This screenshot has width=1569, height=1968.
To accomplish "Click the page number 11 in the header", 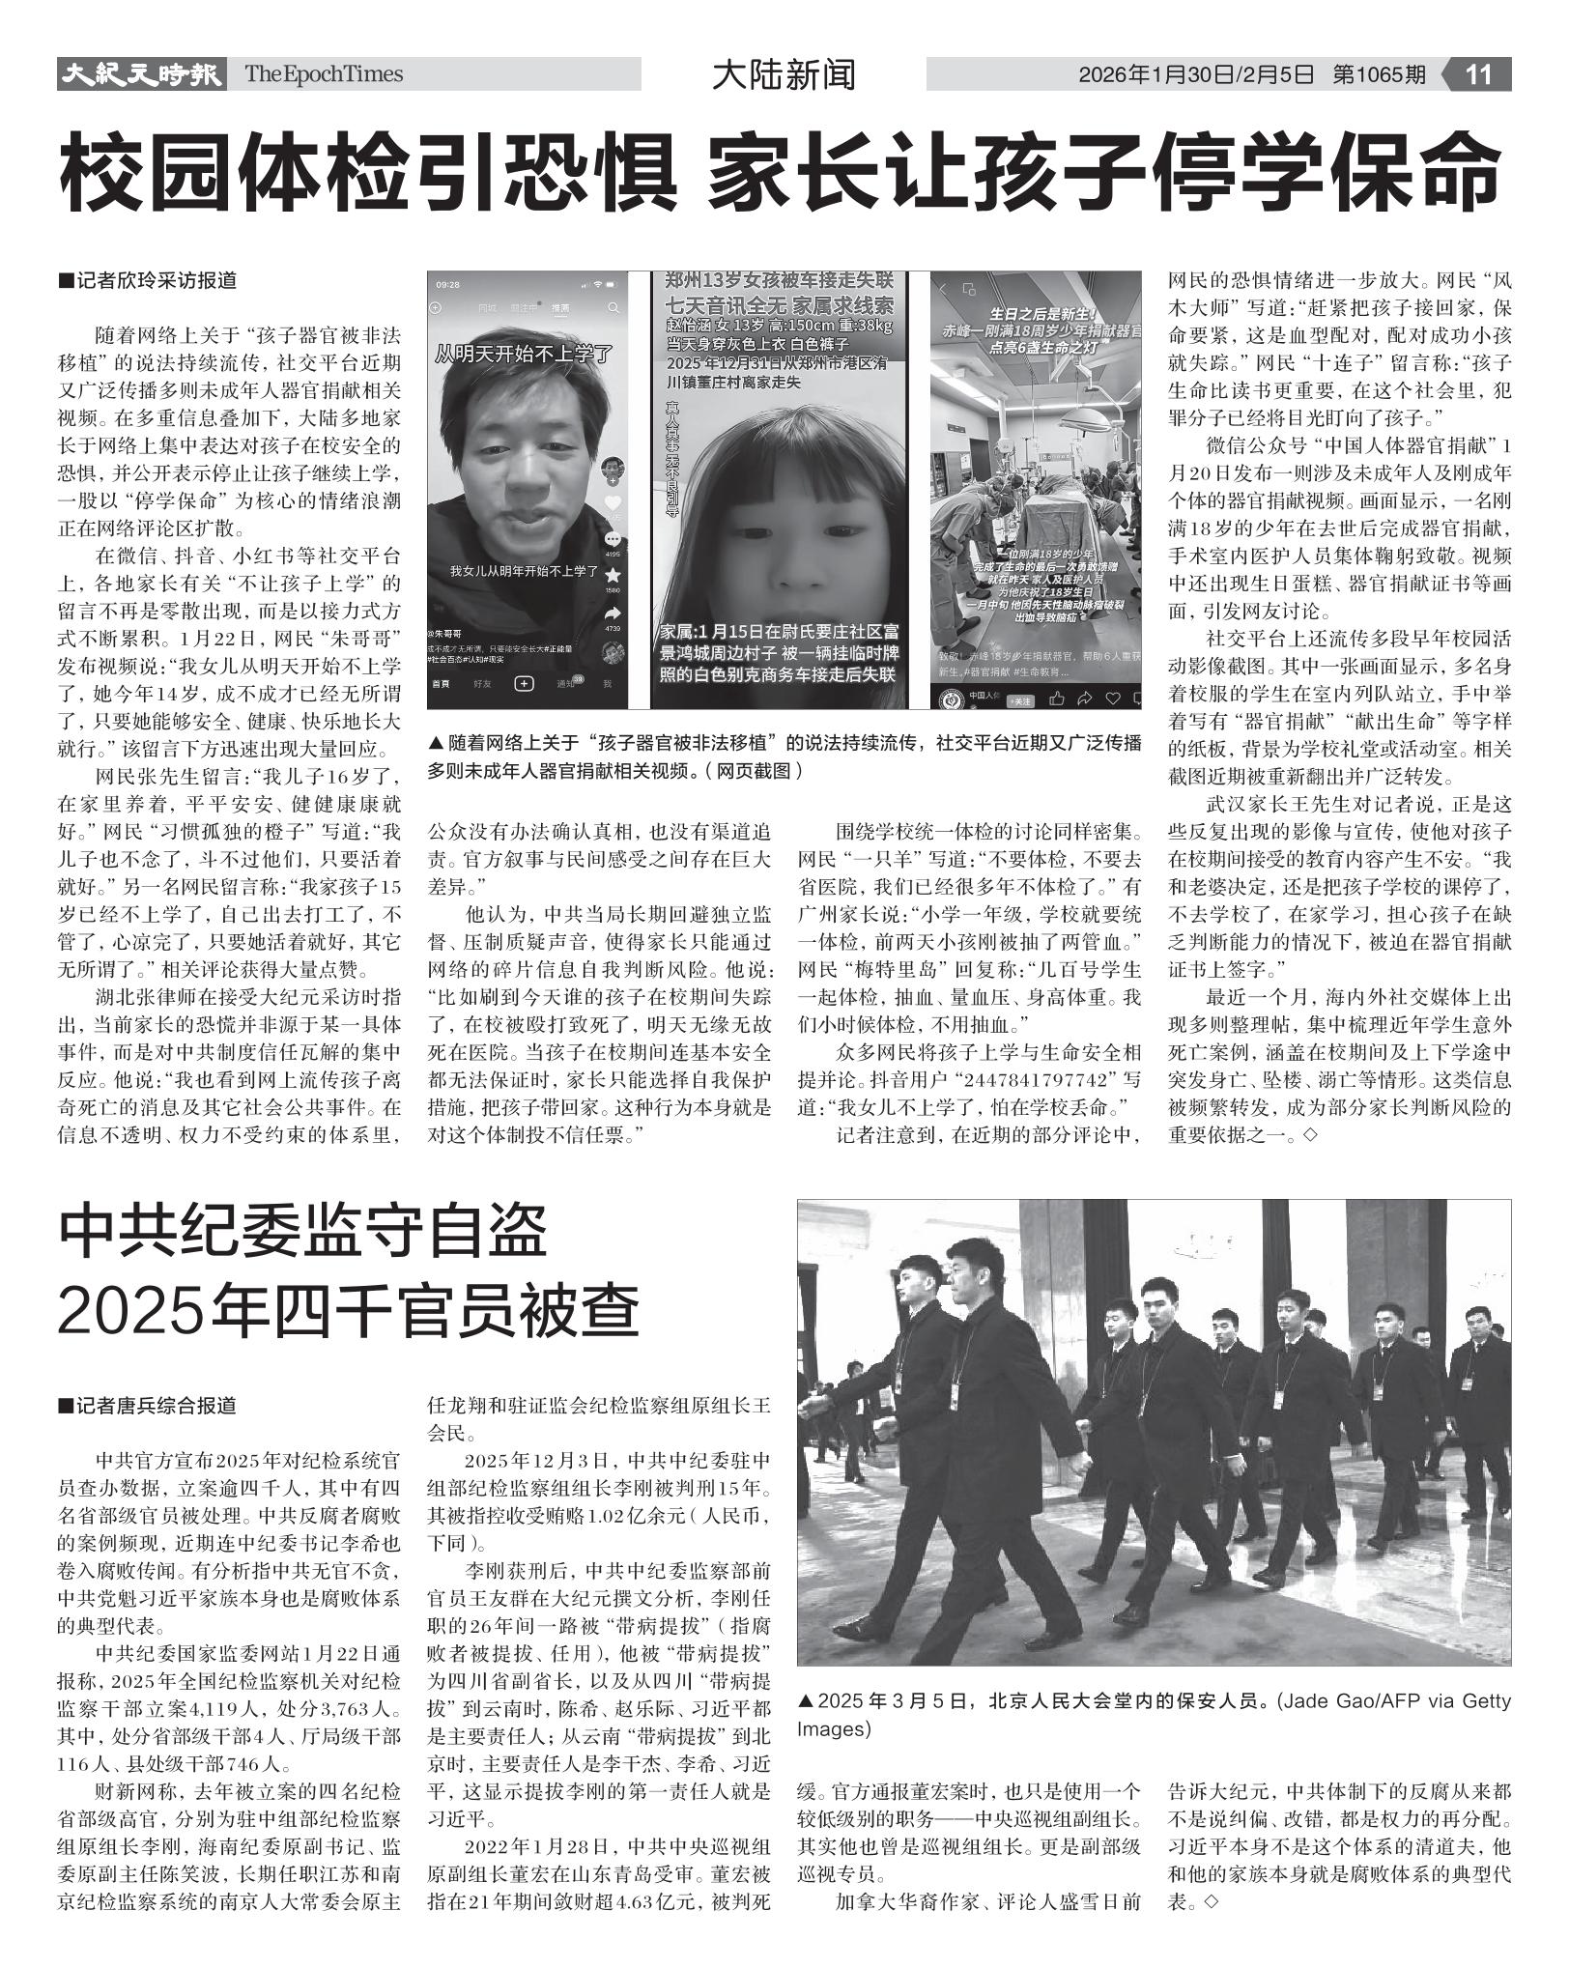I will point(1479,74).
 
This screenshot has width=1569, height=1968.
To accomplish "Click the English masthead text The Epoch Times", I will point(324,74).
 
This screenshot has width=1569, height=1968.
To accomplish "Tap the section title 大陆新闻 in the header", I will point(784,74).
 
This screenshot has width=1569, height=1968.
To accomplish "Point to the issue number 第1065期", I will point(1379,74).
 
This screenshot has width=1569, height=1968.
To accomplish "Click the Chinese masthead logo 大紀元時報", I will point(141,74).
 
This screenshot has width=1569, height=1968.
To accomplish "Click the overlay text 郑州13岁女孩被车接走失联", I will point(779,281).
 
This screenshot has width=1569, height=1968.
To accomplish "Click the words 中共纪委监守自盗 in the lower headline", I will point(302,1235).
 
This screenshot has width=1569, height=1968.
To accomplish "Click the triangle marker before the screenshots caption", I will point(435,743).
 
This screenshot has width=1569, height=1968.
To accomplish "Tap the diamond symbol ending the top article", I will point(1310,1136).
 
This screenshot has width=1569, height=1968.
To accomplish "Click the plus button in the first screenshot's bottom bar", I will point(524,684).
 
